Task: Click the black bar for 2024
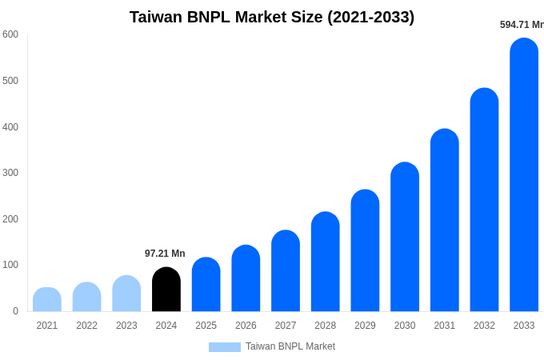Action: [166, 290]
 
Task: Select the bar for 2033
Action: [524, 176]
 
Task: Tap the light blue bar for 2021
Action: [47, 300]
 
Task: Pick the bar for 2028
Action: [326, 262]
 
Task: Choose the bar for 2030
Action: [405, 238]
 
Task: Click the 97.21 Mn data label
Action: [165, 254]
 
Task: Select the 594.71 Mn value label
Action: [522, 25]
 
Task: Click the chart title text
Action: [272, 17]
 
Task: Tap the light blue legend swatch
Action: [224, 347]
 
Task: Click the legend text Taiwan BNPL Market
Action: [290, 346]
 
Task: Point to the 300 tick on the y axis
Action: [10, 173]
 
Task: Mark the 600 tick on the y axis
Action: [10, 34]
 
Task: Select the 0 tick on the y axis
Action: [15, 311]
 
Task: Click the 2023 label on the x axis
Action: [126, 326]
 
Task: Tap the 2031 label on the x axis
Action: [445, 326]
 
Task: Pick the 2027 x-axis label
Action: [286, 326]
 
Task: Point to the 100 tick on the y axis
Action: [10, 265]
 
